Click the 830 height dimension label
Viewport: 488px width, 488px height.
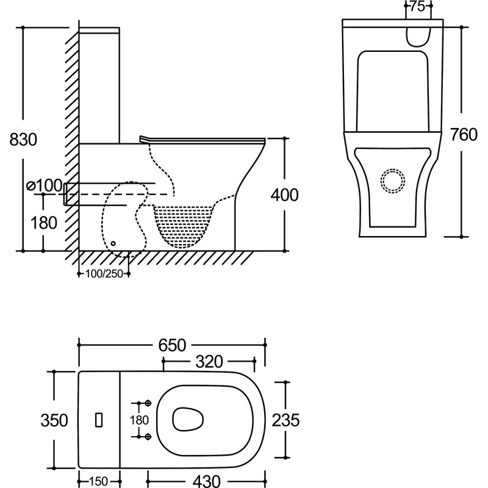(23, 140)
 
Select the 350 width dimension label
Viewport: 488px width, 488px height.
(54, 420)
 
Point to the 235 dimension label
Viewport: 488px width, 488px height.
(285, 420)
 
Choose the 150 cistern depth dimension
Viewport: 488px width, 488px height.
(99, 481)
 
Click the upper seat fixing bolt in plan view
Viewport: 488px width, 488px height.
(147, 404)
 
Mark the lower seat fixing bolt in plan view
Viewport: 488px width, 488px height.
(147, 436)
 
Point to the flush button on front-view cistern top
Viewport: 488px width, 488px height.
(418, 35)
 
